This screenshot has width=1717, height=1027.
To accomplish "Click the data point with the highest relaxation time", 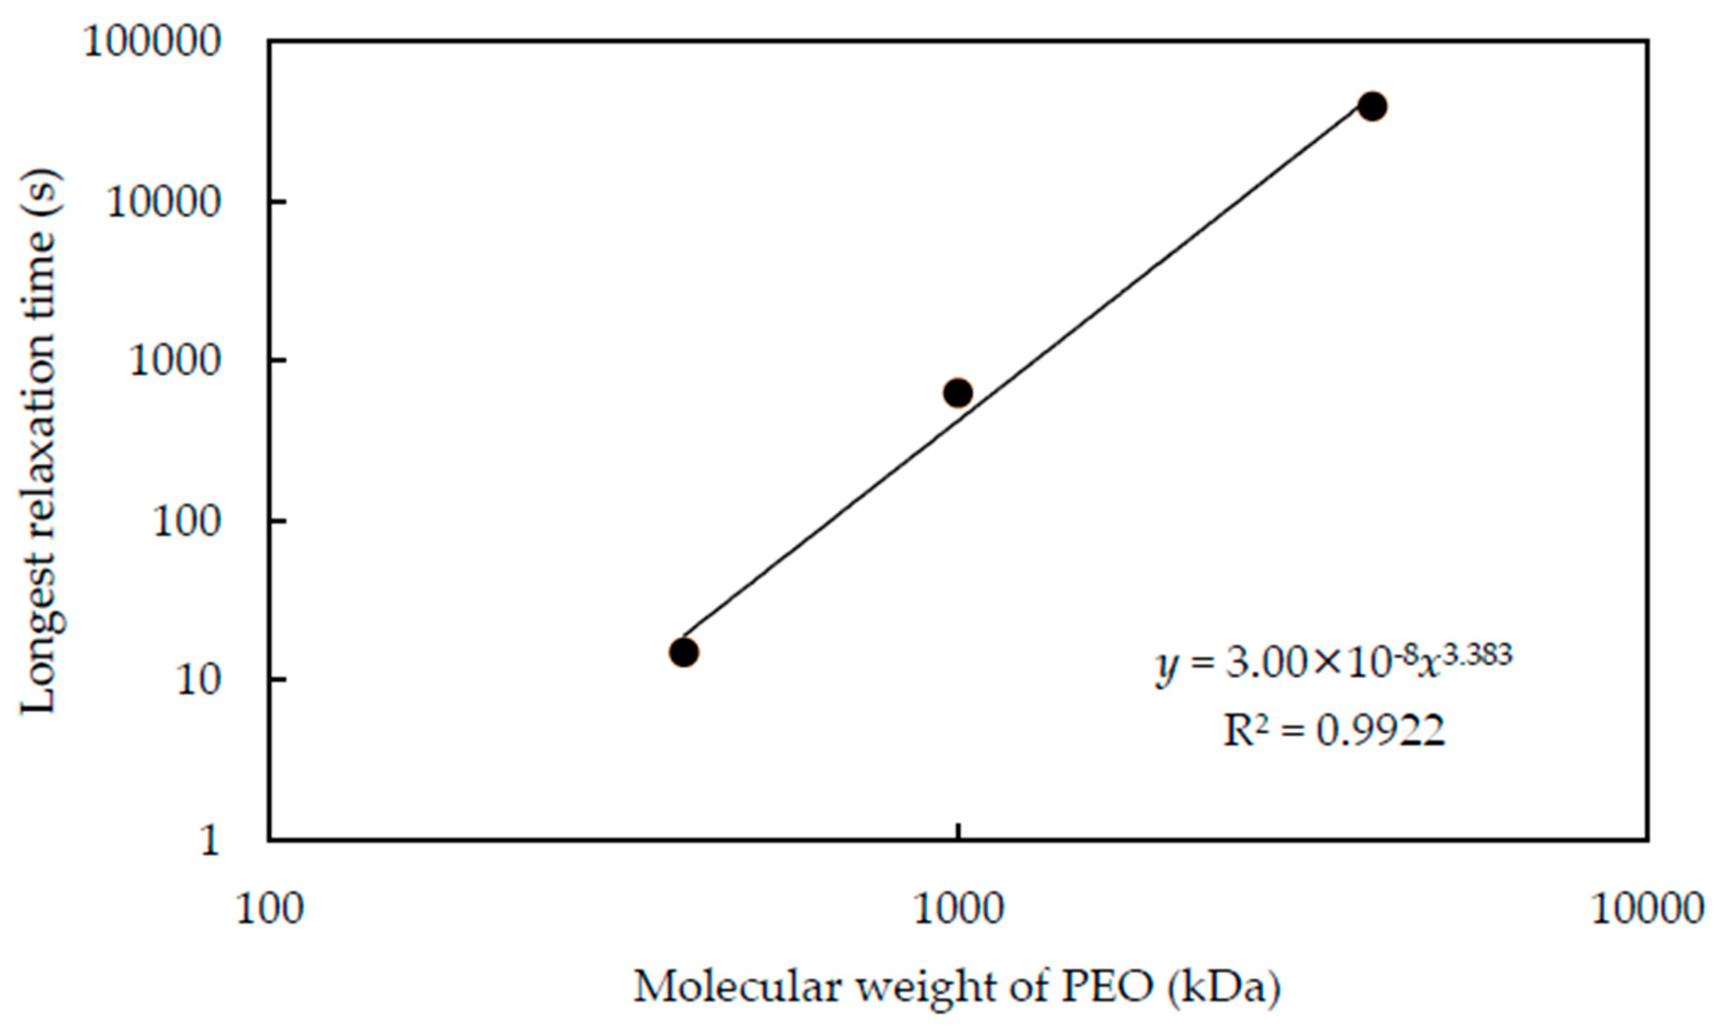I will pos(1372,106).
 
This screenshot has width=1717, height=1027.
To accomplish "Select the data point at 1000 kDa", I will pos(957,393).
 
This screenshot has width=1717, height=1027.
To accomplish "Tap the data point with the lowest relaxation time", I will pos(683,652).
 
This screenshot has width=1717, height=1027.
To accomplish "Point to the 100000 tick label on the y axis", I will pos(152,42).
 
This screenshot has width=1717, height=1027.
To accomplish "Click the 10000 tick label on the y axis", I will pos(163,202).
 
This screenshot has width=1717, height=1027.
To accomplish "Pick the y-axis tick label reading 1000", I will pos(174,361).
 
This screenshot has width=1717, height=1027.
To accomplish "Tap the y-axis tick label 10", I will pos(197,681).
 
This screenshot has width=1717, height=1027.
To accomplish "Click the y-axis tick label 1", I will pos(209,841).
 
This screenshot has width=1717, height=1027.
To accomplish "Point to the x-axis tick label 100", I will pos(270,909).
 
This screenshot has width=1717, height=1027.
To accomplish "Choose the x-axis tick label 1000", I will pos(958,909).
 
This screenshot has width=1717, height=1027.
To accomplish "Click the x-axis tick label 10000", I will pos(1647,909).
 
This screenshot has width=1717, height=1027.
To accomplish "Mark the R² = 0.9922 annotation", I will pos(1334,730).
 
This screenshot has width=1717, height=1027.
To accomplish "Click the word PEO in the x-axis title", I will pos(1107,987).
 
